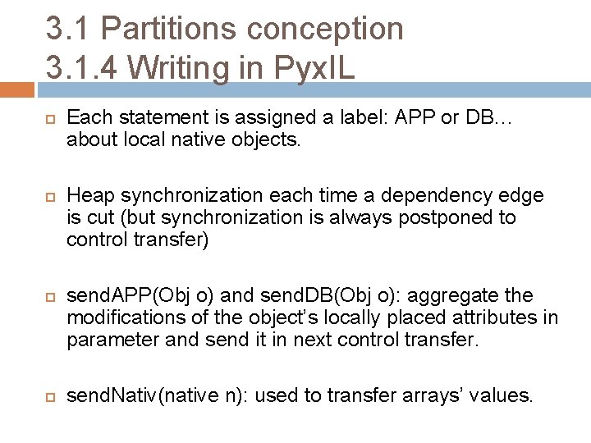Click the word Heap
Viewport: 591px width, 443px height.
89,196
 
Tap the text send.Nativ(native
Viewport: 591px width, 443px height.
139,396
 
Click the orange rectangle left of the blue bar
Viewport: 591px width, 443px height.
17,89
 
